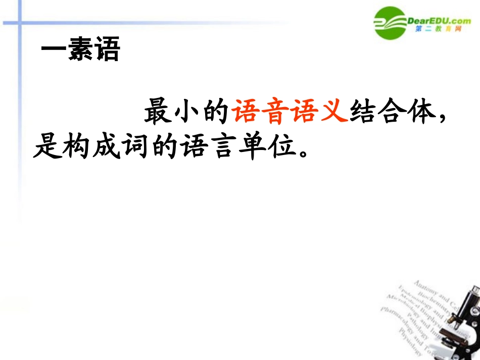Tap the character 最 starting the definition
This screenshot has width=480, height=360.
pos(158,112)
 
